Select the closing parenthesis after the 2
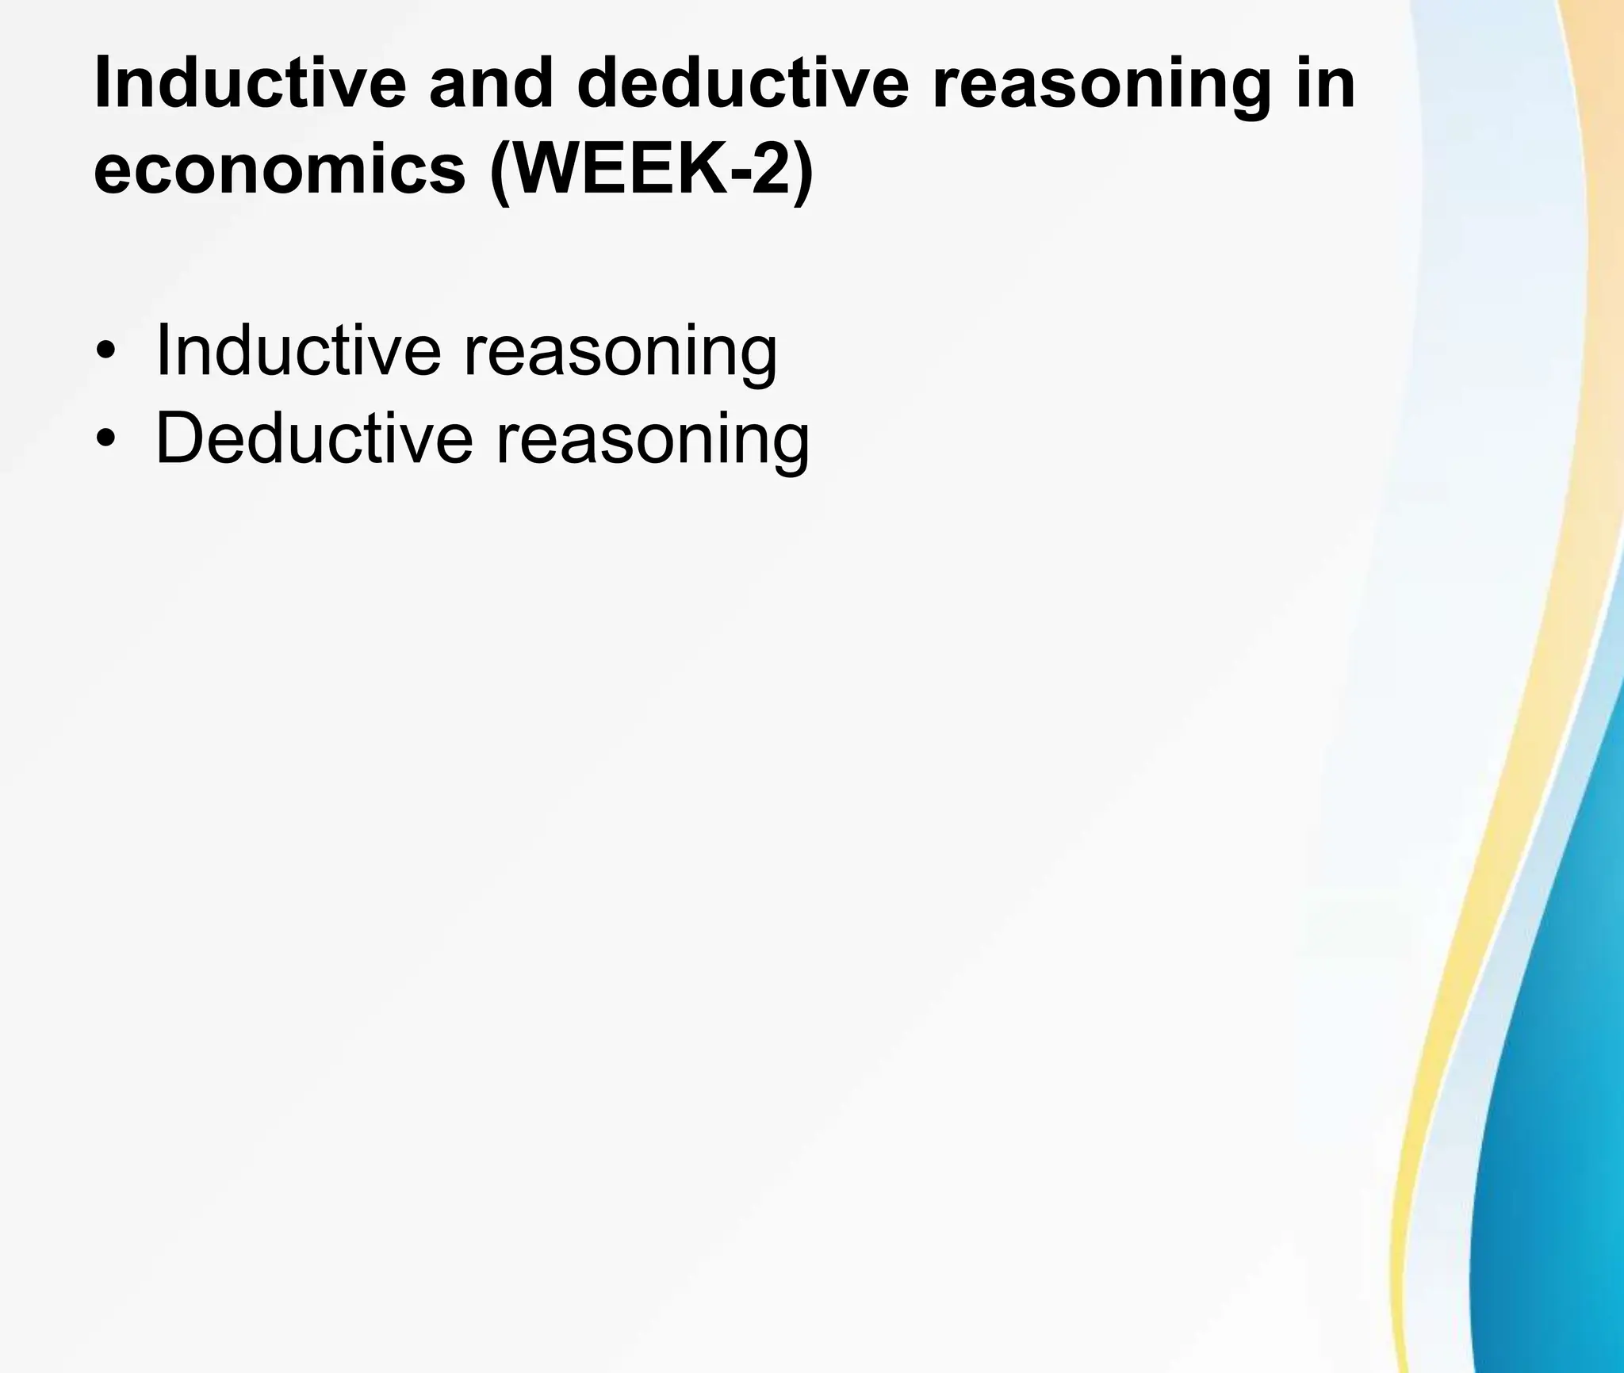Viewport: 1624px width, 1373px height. [x=802, y=173]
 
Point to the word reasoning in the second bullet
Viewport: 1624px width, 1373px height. [x=652, y=442]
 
